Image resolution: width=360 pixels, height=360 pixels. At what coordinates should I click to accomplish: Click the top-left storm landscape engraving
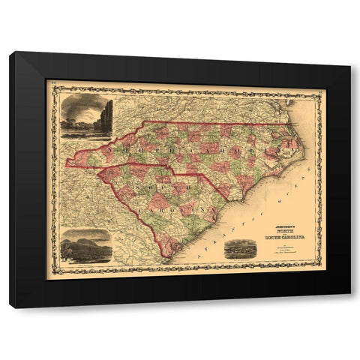coord(87,116)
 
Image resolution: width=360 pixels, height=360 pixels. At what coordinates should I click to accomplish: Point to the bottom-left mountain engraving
coord(85,247)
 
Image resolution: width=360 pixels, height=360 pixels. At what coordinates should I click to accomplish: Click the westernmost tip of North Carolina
coord(67,161)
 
